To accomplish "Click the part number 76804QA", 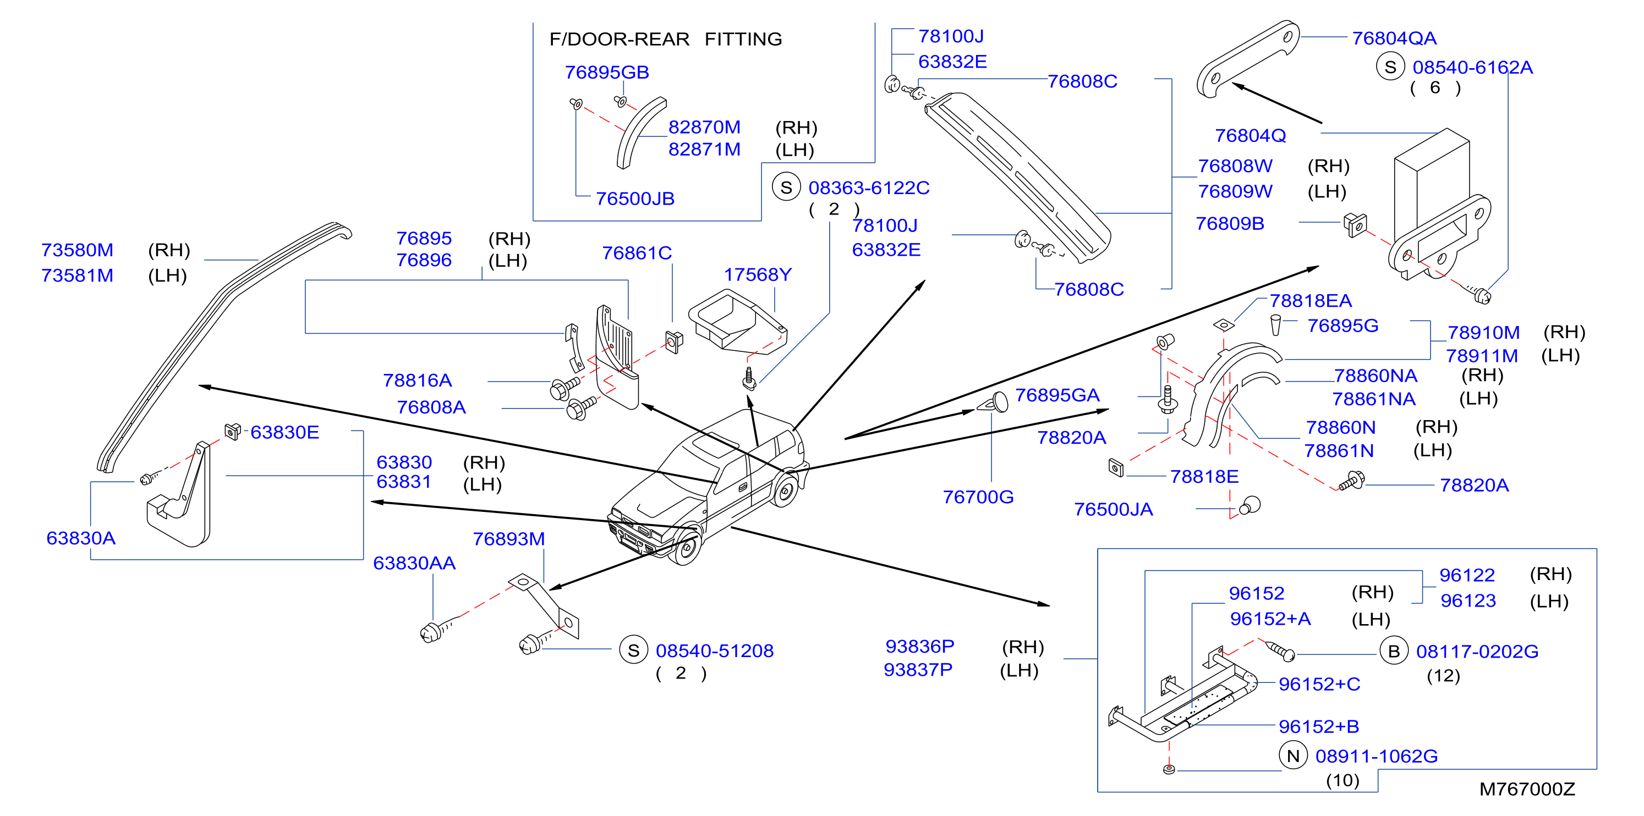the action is [1394, 38].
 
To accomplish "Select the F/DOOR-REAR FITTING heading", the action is [666, 40].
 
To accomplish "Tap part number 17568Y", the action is [758, 274].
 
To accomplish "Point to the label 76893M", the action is [508, 539].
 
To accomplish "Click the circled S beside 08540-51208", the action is [633, 650].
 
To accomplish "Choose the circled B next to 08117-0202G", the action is [1394, 652].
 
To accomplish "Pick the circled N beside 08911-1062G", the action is [1293, 756].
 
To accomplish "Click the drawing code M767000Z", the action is [1527, 789].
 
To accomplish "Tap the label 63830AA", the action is [414, 564].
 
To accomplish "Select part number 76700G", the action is [978, 497].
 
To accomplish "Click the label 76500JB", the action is [635, 199].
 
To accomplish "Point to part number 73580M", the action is [77, 250].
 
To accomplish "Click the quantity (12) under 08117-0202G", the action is [1443, 676].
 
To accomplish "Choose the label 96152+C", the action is [1319, 684].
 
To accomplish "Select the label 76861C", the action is [637, 253].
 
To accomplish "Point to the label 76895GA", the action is [1057, 395].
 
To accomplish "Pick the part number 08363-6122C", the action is [869, 188].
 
